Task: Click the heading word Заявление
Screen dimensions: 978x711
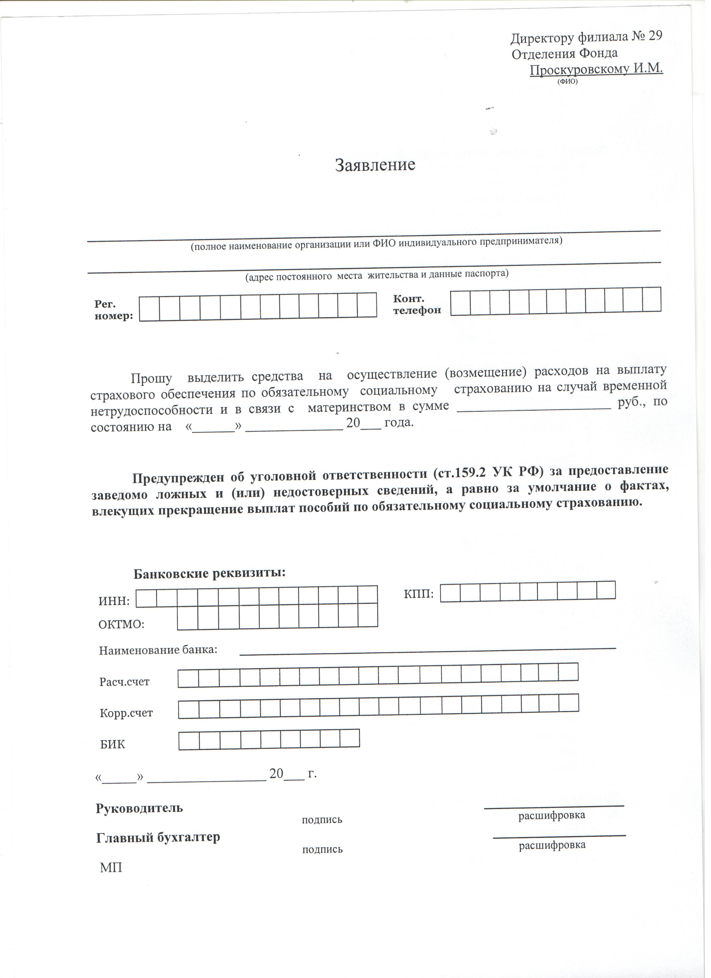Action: pyautogui.click(x=375, y=165)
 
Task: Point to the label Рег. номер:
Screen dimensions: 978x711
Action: pyautogui.click(x=113, y=310)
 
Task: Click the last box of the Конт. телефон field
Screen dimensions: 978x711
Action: pyautogui.click(x=652, y=300)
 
